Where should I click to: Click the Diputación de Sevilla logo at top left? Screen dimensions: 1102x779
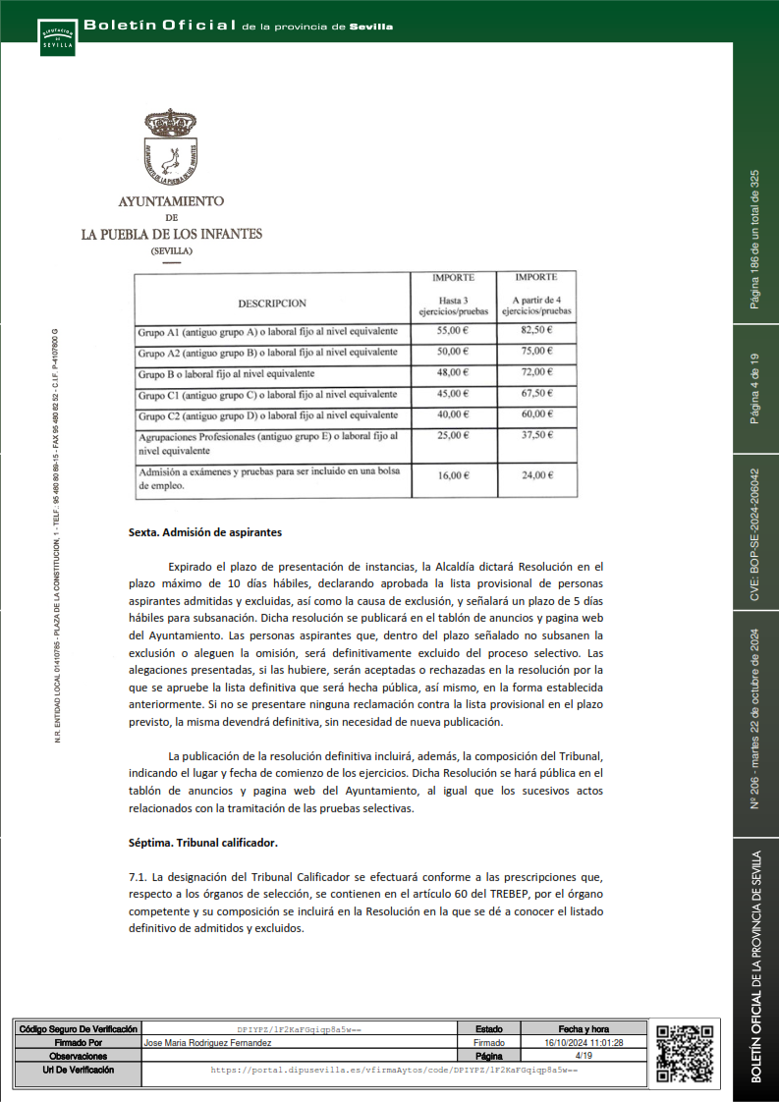point(56,36)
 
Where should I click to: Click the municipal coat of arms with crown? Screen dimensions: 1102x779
point(171,147)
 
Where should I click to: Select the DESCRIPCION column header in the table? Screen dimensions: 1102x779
point(272,303)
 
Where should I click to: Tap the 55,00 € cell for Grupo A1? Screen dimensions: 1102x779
point(453,331)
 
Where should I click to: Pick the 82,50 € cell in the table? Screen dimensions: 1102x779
point(536,331)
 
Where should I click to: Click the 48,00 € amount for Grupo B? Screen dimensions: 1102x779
point(453,372)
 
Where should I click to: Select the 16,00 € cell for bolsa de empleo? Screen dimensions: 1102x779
point(453,475)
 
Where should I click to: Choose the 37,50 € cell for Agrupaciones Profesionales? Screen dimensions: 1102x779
point(536,435)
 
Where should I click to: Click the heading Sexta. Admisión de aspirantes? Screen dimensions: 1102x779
point(205,532)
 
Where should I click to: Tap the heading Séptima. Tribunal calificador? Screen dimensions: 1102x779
point(203,843)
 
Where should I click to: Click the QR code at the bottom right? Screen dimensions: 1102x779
point(684,1054)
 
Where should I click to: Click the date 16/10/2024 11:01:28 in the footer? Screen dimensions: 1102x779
point(584,1042)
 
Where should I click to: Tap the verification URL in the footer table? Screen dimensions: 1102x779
point(394,1069)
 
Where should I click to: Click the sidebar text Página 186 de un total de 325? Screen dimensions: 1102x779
point(754,239)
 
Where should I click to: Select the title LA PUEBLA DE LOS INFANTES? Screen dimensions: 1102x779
point(171,235)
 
